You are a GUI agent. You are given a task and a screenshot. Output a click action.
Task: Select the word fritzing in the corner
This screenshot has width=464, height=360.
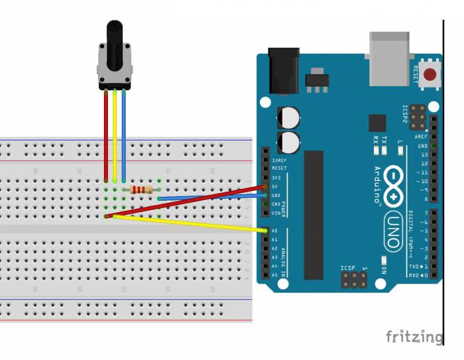click(414, 336)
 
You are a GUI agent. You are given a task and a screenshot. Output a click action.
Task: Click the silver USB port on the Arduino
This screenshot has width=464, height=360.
click(389, 58)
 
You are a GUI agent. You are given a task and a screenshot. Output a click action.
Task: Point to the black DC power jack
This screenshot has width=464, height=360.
click(284, 70)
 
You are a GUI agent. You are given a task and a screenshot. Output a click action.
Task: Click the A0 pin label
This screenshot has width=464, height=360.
click(275, 231)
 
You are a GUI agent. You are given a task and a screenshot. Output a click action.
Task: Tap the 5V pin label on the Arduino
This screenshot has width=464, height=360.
click(275, 187)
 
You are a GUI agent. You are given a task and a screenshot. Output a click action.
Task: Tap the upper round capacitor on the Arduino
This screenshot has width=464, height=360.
click(289, 117)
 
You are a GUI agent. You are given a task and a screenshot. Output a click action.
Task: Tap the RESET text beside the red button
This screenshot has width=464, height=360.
click(416, 74)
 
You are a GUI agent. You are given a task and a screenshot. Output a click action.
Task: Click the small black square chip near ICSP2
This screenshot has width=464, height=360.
click(377, 123)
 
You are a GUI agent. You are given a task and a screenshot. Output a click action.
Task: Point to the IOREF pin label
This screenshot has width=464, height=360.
click(279, 160)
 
